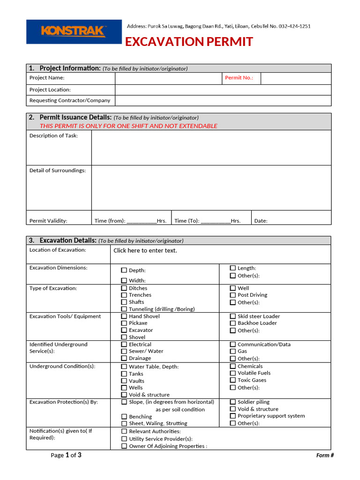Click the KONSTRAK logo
(x=73, y=31)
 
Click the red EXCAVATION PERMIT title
(x=189, y=42)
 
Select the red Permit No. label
(x=239, y=78)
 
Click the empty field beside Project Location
(x=223, y=90)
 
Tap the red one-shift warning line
(x=128, y=126)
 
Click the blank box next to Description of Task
(x=211, y=148)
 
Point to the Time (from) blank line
(x=142, y=221)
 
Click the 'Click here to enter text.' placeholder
(x=145, y=250)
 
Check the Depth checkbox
(x=124, y=270)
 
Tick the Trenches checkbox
(x=124, y=295)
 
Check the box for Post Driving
(x=233, y=295)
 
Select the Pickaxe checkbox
(x=124, y=323)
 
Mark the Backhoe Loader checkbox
(x=233, y=323)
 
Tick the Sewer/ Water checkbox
(x=124, y=351)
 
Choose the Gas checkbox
(x=233, y=351)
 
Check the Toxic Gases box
(x=233, y=380)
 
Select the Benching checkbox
(x=124, y=416)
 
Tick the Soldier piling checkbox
(x=233, y=402)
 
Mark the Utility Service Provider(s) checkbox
(x=124, y=439)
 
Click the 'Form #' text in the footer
(x=325, y=455)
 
